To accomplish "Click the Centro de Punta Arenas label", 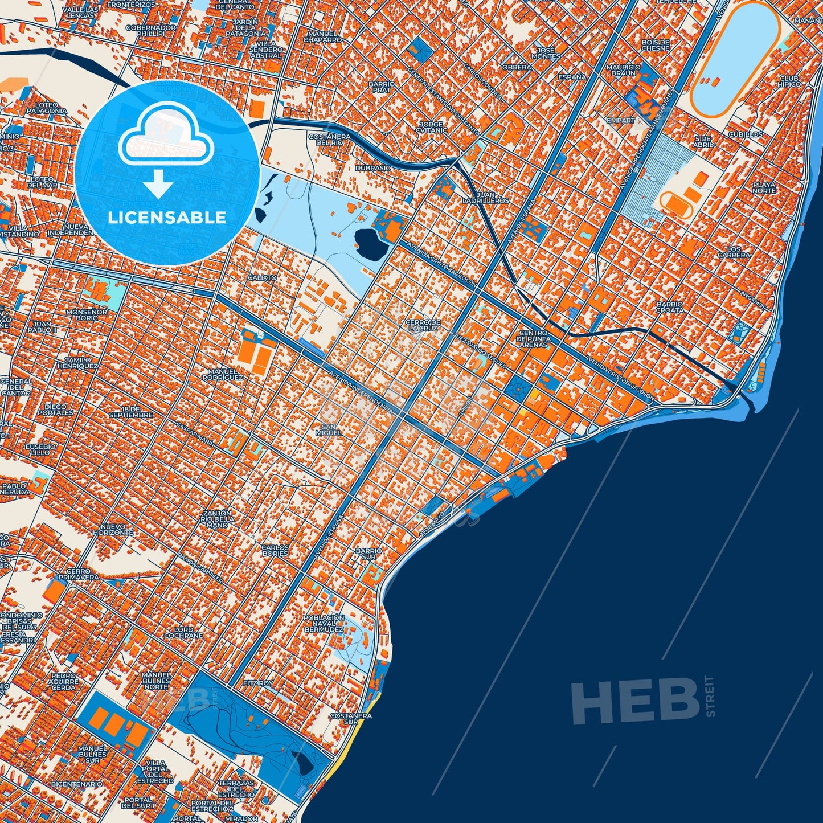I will click(x=533, y=339).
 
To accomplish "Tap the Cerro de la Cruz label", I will click(x=422, y=325).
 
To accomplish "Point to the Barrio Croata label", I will click(x=670, y=307).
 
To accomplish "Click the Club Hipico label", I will click(x=789, y=81).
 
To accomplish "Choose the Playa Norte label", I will click(x=764, y=187).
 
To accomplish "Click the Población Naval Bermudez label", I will click(x=324, y=624).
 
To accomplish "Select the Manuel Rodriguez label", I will click(x=223, y=374).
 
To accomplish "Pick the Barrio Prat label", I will click(x=382, y=87).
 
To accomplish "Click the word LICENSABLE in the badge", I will click(x=167, y=218).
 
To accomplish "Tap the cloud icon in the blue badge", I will click(x=165, y=137).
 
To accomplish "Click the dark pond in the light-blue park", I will click(x=369, y=245).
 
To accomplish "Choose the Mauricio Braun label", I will click(x=623, y=70).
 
